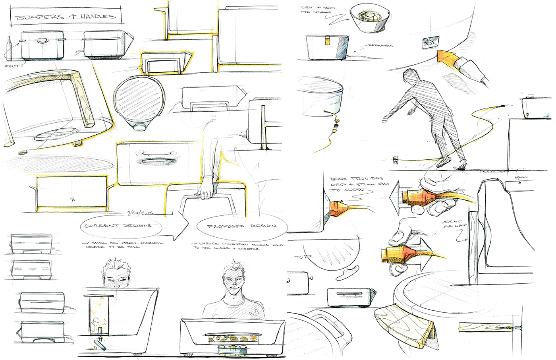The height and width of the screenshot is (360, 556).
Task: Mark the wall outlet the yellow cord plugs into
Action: [396, 161]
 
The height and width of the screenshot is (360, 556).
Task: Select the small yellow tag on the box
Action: [327, 41]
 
